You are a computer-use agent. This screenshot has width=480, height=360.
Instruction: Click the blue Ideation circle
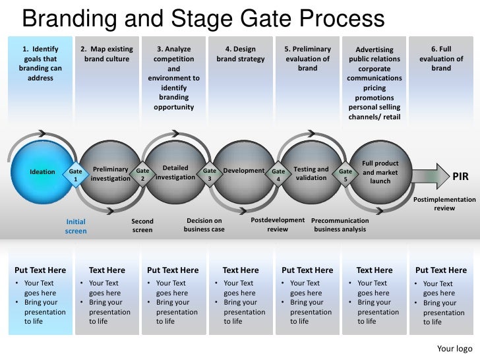[x=43, y=172]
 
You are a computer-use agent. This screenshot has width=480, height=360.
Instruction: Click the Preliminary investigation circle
[x=109, y=174]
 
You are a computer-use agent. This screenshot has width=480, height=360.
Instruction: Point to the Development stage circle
[x=243, y=171]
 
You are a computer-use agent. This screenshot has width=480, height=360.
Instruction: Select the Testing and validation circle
[x=311, y=173]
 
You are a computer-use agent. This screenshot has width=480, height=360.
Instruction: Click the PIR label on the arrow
[x=460, y=177]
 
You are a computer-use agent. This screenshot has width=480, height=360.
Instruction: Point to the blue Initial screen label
[x=76, y=226]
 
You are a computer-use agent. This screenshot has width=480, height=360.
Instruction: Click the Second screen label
[x=142, y=225]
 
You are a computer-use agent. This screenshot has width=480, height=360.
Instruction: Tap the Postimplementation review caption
[x=444, y=203]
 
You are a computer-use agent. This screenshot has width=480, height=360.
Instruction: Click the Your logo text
[x=454, y=349]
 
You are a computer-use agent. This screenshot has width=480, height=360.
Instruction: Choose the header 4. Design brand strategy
[x=241, y=54]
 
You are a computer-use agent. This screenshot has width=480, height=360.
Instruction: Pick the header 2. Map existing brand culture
[x=107, y=54]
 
